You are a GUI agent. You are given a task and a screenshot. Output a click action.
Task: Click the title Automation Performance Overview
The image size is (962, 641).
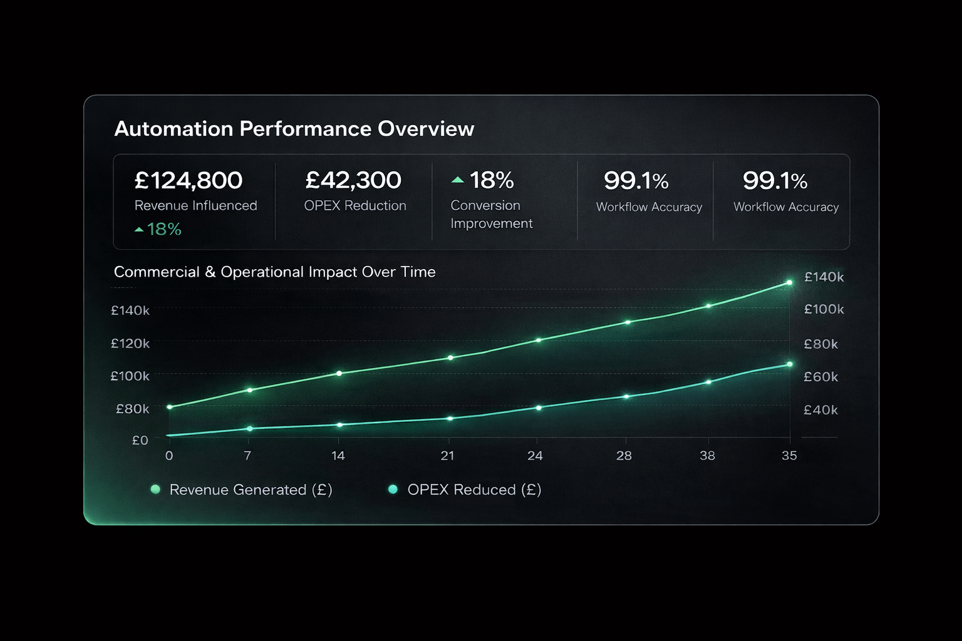294,129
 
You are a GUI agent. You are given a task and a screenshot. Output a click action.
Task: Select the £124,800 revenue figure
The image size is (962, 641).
189,180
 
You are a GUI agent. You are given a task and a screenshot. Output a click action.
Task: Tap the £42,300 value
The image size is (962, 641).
353,180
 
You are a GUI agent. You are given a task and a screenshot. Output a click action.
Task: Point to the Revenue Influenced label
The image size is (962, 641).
195,205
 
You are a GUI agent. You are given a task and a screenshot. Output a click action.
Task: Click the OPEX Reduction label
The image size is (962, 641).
355,205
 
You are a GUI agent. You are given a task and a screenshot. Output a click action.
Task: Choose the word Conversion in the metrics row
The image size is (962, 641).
485,205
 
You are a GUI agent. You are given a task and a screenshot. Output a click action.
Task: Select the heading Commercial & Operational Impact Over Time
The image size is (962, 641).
274,272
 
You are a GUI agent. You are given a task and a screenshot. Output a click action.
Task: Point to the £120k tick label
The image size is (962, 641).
130,343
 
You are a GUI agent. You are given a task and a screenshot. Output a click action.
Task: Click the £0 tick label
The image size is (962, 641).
140,440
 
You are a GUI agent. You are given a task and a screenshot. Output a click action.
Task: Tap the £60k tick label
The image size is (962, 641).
820,377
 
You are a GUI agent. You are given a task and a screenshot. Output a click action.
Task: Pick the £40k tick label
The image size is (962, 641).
820,410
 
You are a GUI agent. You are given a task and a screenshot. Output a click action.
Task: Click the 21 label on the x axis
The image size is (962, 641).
447,456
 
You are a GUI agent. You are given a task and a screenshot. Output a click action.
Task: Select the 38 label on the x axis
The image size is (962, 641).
707,456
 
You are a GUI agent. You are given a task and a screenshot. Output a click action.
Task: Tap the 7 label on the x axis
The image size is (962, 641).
247,456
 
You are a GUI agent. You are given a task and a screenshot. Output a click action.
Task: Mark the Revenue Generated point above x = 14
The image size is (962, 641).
339,374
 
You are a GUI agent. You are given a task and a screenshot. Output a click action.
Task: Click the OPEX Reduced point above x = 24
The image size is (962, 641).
539,408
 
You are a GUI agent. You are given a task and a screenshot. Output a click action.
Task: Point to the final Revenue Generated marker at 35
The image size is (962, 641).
789,283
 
